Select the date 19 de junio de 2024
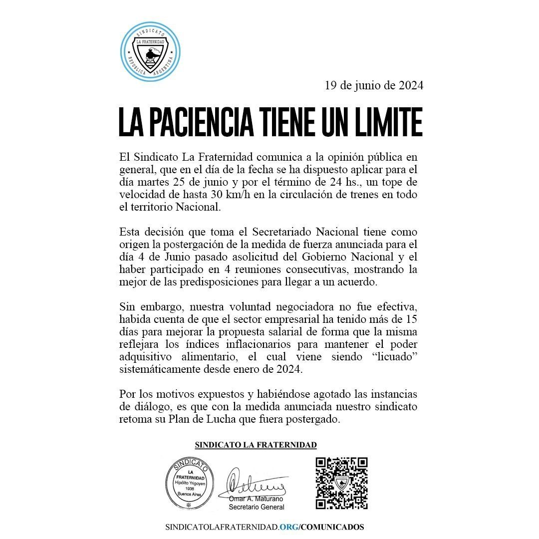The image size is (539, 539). pyautogui.click(x=374, y=85)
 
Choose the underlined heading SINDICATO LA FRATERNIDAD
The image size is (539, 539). pyautogui.click(x=256, y=445)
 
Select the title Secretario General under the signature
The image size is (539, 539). pyautogui.click(x=256, y=508)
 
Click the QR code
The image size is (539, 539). pyautogui.click(x=342, y=483)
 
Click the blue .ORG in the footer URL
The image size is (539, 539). pyautogui.click(x=289, y=527)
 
